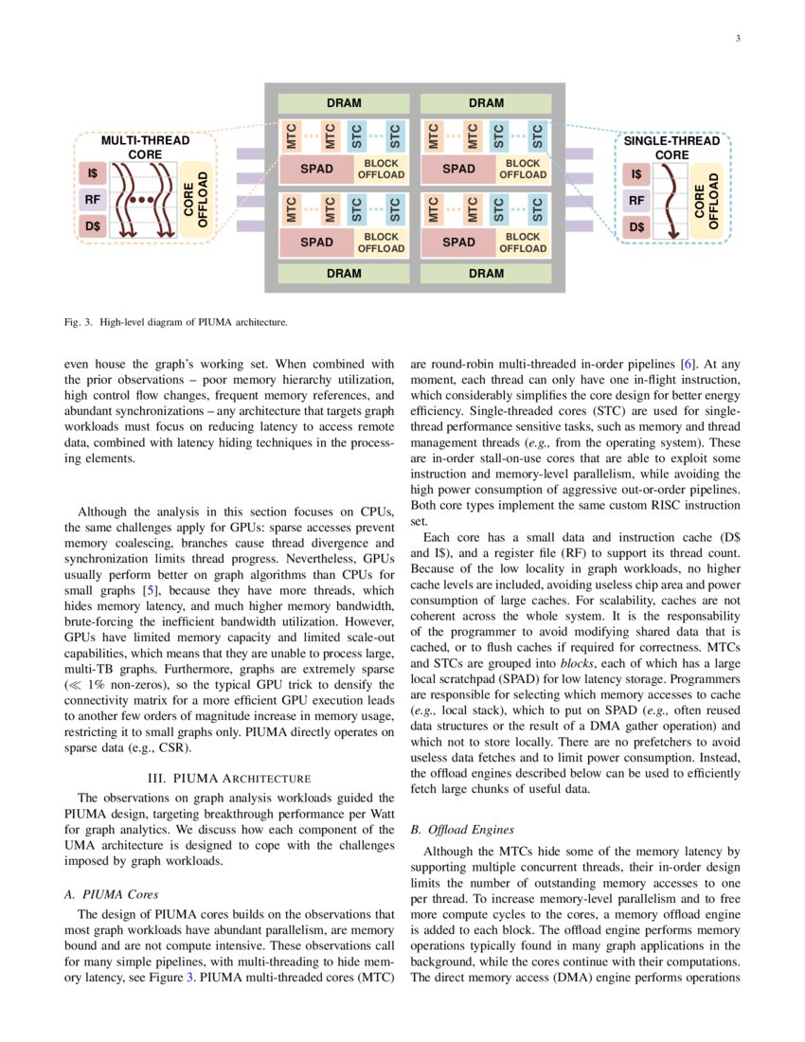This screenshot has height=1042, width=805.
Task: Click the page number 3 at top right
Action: click(x=736, y=39)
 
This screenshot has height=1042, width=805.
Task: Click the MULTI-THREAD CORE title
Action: click(x=145, y=148)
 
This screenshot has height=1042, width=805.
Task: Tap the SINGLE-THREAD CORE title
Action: click(x=671, y=148)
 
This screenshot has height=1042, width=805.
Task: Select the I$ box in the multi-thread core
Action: click(x=92, y=174)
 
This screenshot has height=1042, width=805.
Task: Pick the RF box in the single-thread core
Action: click(x=636, y=201)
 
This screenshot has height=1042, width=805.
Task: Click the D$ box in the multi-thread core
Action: click(x=92, y=227)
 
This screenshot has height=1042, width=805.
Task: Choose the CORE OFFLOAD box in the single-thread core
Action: click(x=707, y=201)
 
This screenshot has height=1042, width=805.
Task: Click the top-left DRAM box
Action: click(x=344, y=103)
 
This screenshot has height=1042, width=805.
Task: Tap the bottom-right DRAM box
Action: click(x=486, y=273)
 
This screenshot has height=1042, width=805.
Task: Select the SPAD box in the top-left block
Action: click(x=316, y=170)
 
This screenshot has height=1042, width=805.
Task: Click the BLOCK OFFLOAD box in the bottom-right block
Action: click(x=523, y=243)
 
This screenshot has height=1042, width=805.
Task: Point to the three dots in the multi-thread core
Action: click(x=142, y=202)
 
